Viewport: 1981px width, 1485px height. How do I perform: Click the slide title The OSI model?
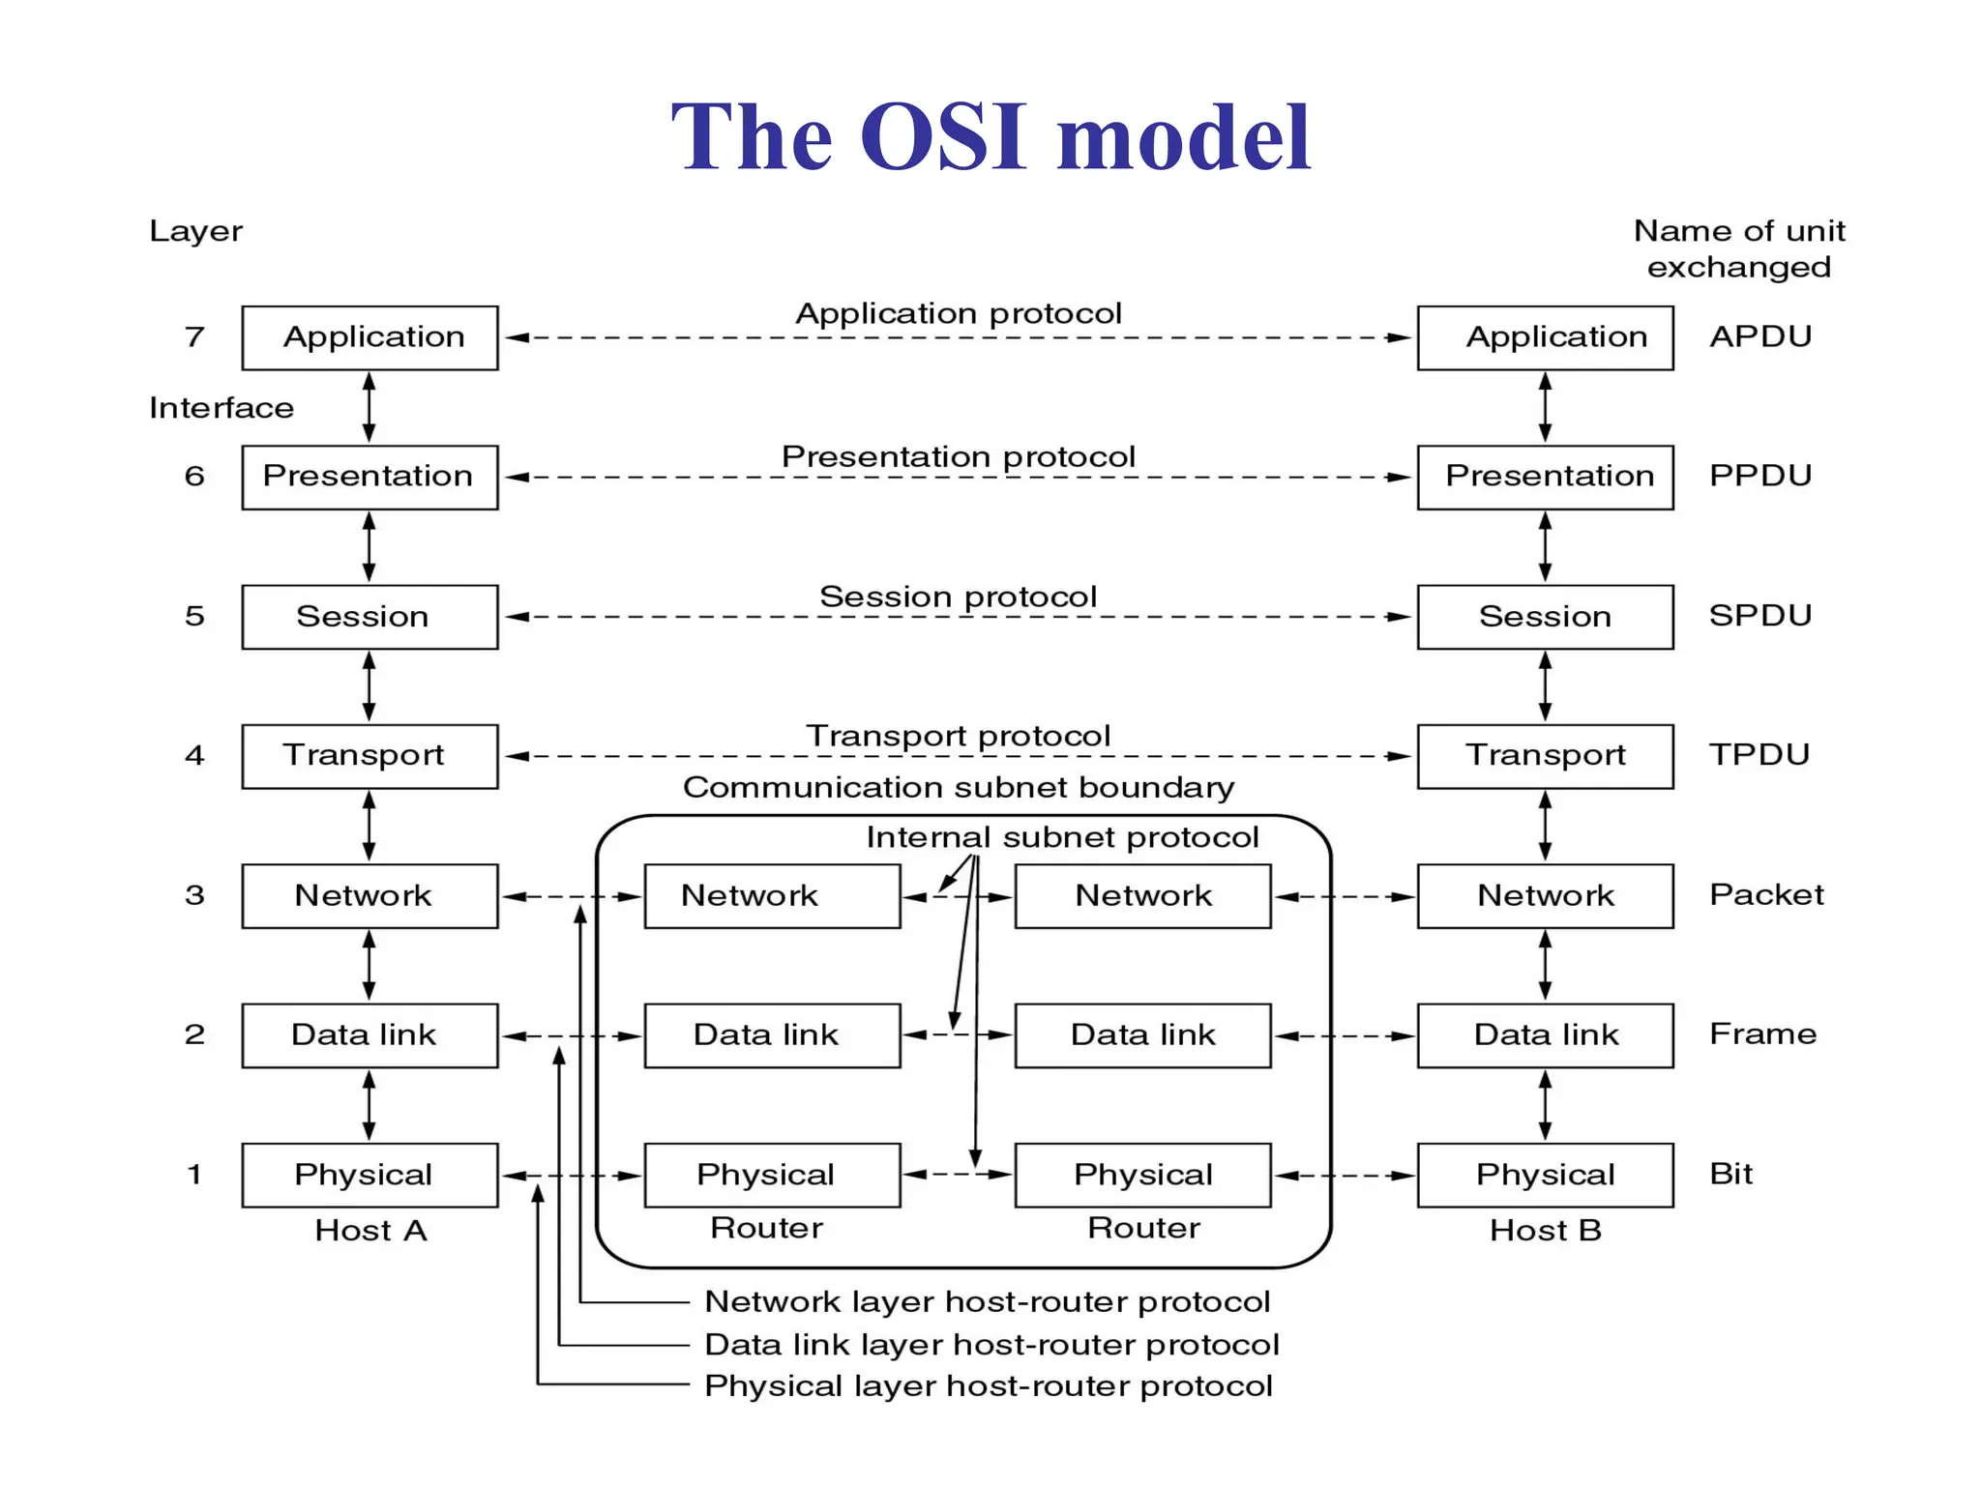click(x=990, y=137)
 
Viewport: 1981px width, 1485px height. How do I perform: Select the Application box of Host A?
click(x=370, y=337)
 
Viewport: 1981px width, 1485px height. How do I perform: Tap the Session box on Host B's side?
click(x=1545, y=616)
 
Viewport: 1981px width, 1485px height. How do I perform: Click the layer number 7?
click(x=194, y=336)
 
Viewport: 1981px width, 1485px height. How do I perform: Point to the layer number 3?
click(x=194, y=895)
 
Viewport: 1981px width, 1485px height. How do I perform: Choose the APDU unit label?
click(x=1759, y=336)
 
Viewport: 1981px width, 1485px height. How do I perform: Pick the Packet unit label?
click(x=1765, y=894)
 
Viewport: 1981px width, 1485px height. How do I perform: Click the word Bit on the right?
click(x=1730, y=1174)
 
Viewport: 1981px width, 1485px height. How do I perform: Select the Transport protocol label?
click(x=958, y=737)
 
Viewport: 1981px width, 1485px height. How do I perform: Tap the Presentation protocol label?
click(x=958, y=456)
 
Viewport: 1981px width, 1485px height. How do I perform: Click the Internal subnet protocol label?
click(x=1062, y=837)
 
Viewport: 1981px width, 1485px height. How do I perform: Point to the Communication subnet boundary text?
click(x=958, y=787)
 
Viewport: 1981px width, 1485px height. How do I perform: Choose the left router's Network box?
click(x=772, y=896)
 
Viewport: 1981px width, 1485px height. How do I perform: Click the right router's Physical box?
click(x=1142, y=1175)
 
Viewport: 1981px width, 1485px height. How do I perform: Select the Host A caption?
click(x=370, y=1231)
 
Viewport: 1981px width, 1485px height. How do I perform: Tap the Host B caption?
click(x=1545, y=1231)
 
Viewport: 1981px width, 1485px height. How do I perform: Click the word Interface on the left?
click(x=221, y=408)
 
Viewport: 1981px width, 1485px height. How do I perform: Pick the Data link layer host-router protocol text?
click(x=991, y=1345)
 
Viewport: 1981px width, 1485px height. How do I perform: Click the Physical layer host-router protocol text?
click(x=988, y=1386)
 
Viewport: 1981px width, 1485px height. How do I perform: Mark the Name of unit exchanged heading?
click(x=1738, y=248)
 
